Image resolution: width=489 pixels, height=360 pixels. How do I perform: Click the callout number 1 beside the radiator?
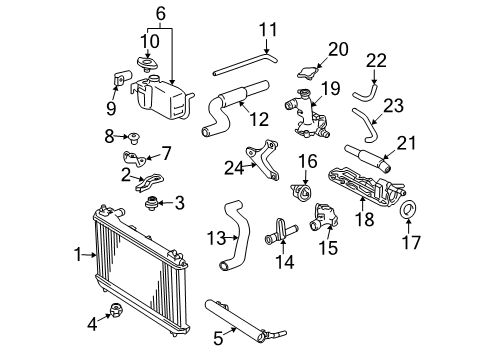tap(77, 255)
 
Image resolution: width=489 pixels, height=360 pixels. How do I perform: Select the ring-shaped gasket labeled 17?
tap(409, 212)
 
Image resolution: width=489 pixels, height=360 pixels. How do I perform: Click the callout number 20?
tap(338, 47)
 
